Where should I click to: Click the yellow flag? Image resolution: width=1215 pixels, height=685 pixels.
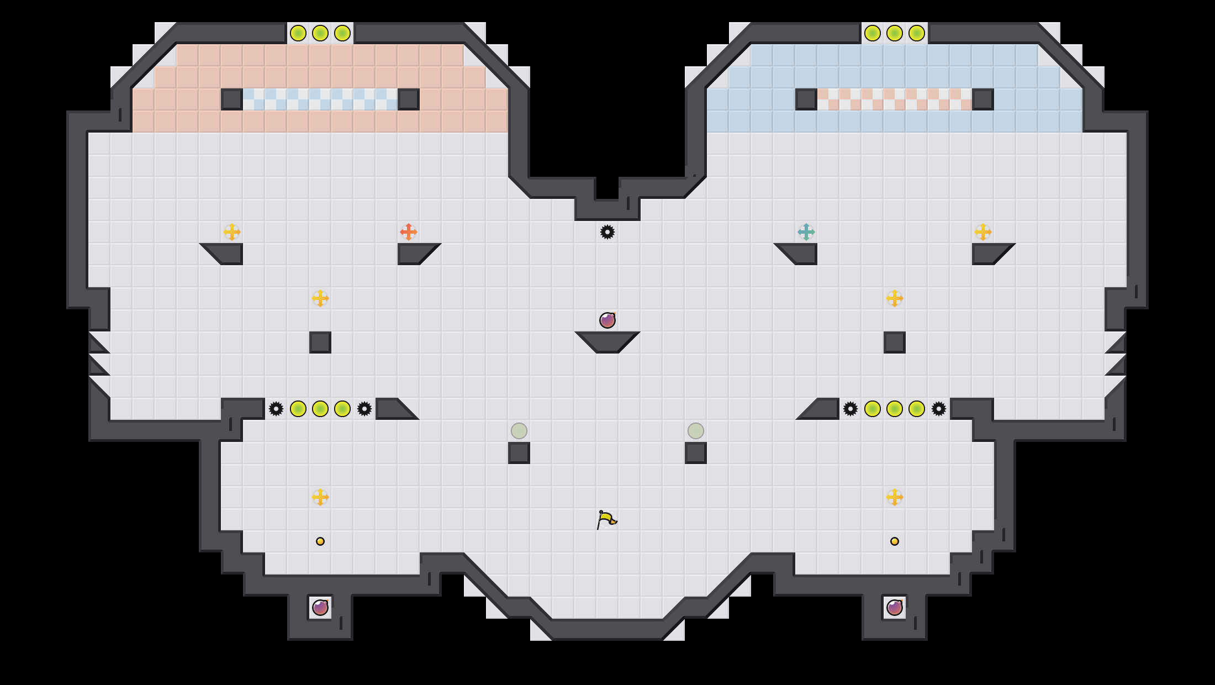coord(606,519)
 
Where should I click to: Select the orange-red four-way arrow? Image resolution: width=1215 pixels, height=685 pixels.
coord(408,232)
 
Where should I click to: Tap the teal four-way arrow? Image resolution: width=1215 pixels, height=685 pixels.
coord(806,232)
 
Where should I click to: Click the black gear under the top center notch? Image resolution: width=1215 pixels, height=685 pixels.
coord(607,232)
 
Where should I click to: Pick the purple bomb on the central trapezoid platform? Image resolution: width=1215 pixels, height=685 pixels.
coord(607,320)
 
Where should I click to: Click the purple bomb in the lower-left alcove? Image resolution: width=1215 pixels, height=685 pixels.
coord(320,608)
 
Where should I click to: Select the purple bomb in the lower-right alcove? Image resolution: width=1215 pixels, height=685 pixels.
coord(895,608)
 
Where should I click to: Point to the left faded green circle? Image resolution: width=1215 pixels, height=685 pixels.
coord(519,431)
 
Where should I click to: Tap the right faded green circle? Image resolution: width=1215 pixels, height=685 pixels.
coord(696,431)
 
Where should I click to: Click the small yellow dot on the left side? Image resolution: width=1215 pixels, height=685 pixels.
coord(320,541)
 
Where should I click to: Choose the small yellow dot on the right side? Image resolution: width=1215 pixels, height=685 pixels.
coord(895,541)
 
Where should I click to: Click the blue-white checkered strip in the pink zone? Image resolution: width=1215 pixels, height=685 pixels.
coord(320,99)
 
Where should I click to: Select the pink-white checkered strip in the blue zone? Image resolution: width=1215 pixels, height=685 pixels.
coord(895,99)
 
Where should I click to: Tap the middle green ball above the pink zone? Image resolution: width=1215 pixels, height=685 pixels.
coord(320,33)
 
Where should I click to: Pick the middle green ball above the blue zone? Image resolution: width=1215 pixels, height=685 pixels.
coord(895,33)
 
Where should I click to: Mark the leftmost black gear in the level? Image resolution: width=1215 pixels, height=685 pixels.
coord(276,409)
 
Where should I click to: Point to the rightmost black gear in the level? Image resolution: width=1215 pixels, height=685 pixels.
coord(939,409)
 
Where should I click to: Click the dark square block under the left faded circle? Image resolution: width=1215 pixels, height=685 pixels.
coord(519,453)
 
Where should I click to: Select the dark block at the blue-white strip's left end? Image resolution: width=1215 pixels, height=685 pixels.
coord(232,99)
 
